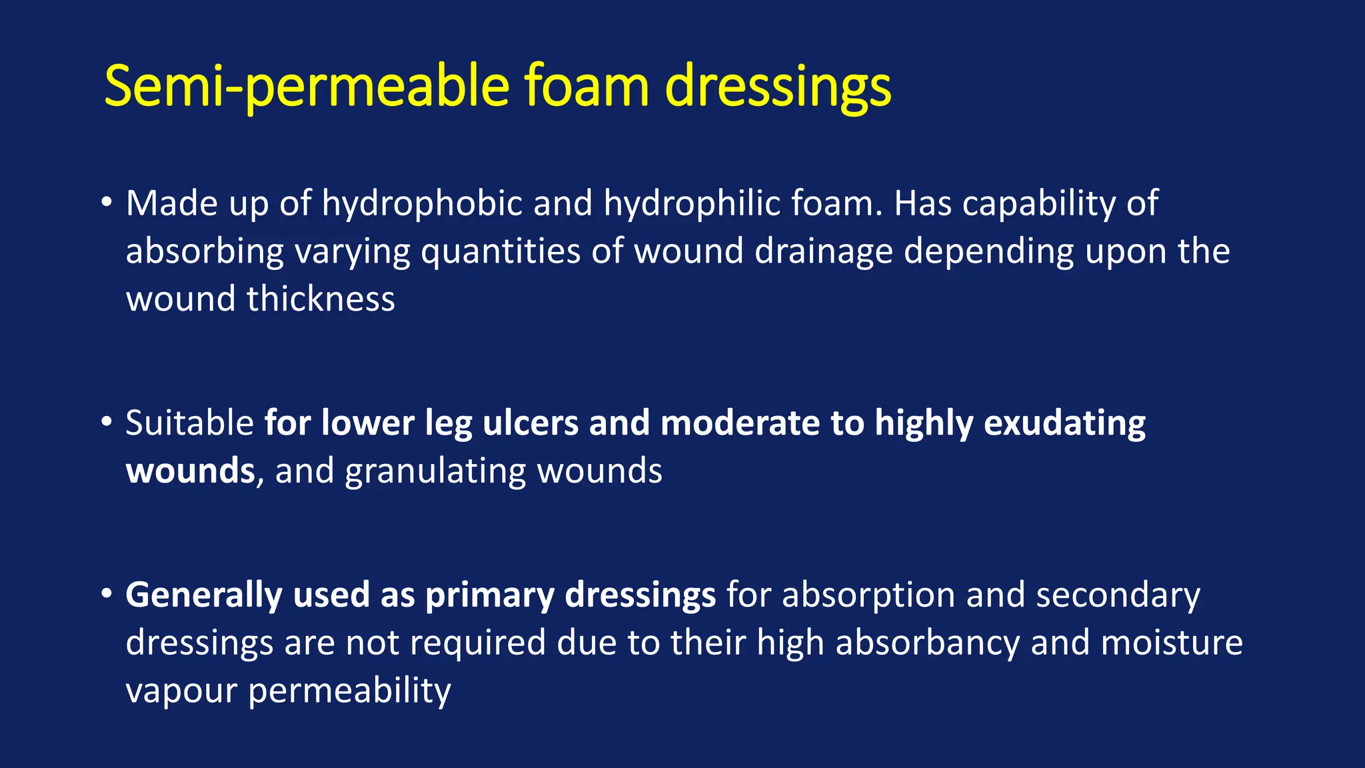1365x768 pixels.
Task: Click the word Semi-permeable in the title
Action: (x=307, y=87)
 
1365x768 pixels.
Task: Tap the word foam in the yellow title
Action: (x=586, y=87)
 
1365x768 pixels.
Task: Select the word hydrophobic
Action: (x=422, y=203)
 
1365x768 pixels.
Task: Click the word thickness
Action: (x=321, y=299)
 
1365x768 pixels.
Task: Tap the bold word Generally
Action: (x=204, y=595)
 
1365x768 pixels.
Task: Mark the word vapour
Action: (x=181, y=691)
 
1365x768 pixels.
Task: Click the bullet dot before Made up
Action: (x=106, y=201)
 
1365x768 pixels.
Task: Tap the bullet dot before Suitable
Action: (x=106, y=421)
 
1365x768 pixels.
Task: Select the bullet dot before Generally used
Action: (x=106, y=593)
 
